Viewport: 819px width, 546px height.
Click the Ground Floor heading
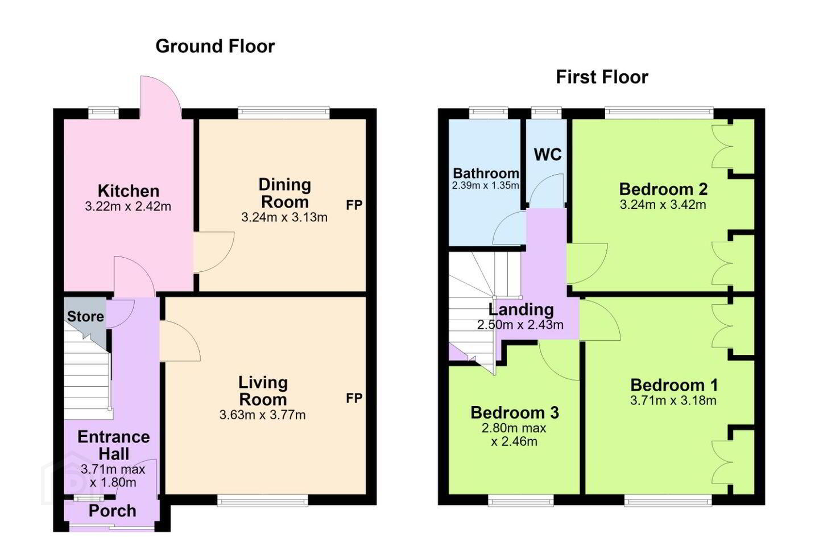(215, 47)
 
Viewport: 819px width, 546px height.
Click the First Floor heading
(602, 77)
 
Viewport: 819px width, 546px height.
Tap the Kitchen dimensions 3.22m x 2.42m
(128, 206)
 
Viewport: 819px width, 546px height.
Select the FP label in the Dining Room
(354, 205)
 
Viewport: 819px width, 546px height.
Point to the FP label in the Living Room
(354, 398)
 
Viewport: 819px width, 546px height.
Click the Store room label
(85, 316)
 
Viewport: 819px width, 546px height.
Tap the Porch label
(112, 511)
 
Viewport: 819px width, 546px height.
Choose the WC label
(547, 155)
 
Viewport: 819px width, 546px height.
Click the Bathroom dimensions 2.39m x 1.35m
(485, 185)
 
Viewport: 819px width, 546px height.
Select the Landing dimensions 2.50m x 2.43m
(520, 324)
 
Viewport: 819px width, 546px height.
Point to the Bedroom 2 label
(663, 189)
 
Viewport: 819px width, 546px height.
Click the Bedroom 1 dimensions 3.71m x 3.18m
(673, 400)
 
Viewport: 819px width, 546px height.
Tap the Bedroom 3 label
(515, 412)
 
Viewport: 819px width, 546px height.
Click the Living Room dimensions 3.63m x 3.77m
(263, 415)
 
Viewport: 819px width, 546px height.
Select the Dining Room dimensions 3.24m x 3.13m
(284, 217)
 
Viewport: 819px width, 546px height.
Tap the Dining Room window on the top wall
(284, 113)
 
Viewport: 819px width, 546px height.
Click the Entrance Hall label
(114, 445)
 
